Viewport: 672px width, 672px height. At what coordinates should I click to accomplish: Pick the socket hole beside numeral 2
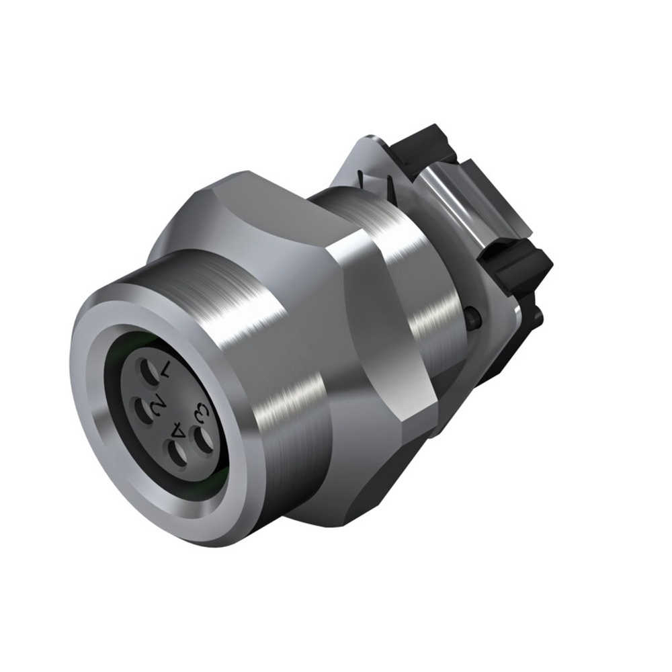[x=142, y=409]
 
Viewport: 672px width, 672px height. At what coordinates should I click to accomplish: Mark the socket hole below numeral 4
[x=177, y=456]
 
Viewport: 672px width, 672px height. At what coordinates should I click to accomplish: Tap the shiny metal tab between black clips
[x=470, y=202]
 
